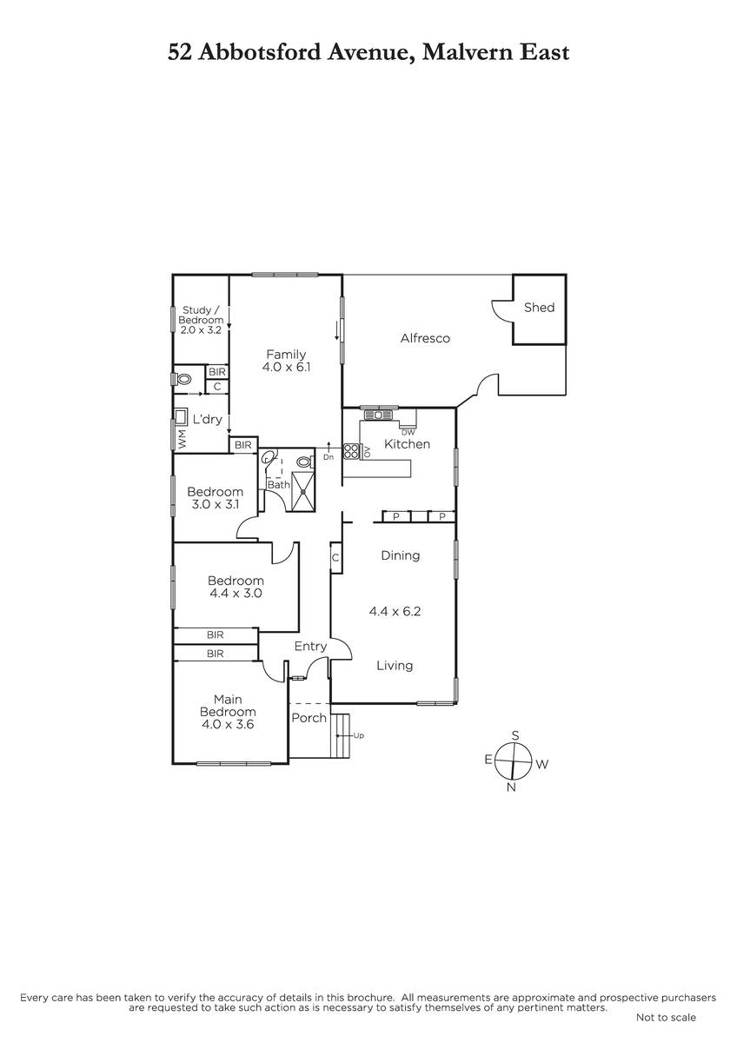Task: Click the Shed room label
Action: (539, 308)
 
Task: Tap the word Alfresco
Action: (425, 338)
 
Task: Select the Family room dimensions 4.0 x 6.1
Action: (286, 367)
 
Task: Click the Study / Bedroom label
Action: (201, 316)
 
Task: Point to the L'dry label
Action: (207, 420)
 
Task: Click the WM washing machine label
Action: (182, 439)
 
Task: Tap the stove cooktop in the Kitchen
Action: (351, 451)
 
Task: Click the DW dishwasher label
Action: (408, 432)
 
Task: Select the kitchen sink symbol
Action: (379, 414)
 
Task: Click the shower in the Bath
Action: (303, 492)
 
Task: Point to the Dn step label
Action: (329, 457)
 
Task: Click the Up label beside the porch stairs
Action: (358, 735)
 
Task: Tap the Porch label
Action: (309, 718)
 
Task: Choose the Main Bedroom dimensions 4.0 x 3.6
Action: (228, 725)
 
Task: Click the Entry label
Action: (310, 647)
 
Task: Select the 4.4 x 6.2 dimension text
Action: (395, 611)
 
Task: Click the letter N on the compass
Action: (511, 787)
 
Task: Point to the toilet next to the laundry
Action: (183, 379)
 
